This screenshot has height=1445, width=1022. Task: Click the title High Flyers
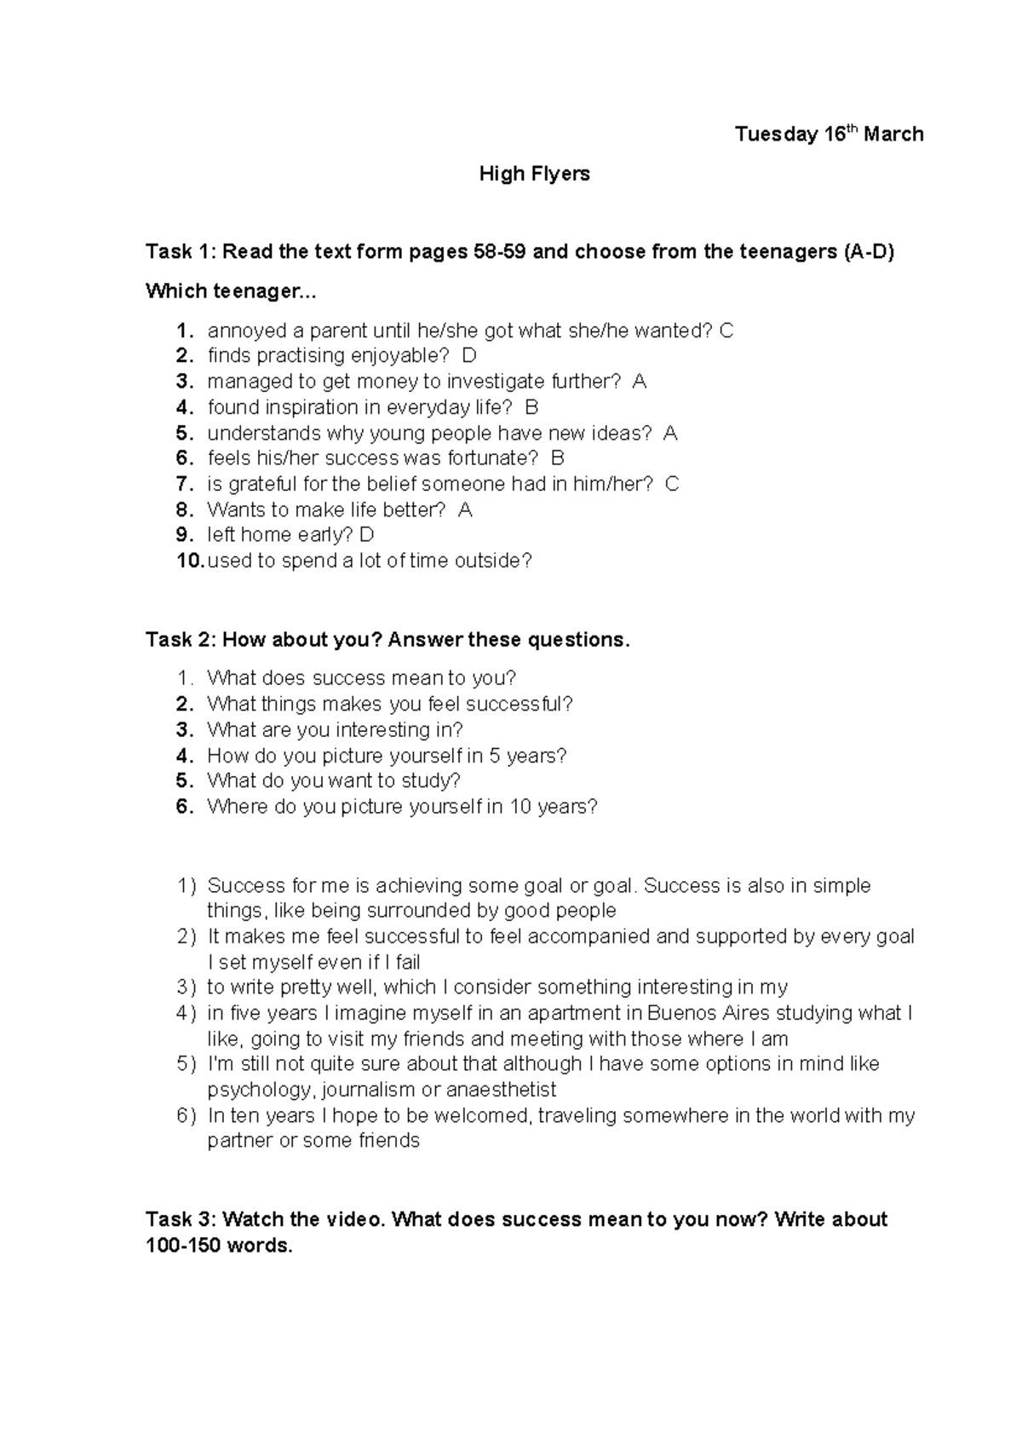pos(534,174)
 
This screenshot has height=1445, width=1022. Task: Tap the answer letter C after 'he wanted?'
pos(726,331)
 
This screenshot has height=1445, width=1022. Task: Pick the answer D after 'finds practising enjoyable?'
pos(469,355)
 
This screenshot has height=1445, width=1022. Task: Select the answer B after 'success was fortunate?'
pos(558,458)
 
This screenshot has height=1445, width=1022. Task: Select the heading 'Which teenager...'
pos(230,291)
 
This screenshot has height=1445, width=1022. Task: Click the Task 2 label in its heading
pos(177,640)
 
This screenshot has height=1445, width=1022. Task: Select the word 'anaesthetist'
pos(502,1090)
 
